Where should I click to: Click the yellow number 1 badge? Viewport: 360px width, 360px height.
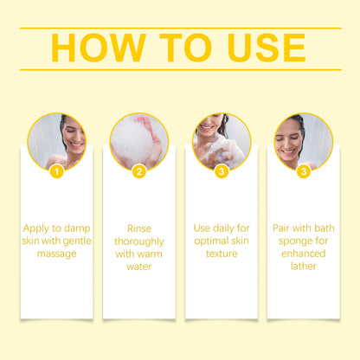[57, 171]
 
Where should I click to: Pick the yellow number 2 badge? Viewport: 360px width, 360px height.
[139, 171]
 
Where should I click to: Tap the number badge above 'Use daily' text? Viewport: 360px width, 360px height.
[222, 171]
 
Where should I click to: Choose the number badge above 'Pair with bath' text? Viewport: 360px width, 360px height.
[303, 171]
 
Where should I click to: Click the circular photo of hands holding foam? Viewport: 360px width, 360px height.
[138, 141]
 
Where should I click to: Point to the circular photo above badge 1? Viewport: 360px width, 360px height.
[57, 141]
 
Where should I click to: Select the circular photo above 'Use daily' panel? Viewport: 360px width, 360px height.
[222, 141]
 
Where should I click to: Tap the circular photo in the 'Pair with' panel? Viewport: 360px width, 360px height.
[303, 141]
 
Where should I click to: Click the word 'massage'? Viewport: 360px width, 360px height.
[57, 254]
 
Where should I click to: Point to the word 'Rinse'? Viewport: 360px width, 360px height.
[138, 228]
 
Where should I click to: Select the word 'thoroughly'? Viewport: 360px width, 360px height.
[138, 241]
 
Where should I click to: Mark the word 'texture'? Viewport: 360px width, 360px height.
[222, 254]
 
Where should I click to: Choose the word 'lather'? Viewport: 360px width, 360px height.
[303, 267]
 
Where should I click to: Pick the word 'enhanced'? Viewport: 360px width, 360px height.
[303, 254]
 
